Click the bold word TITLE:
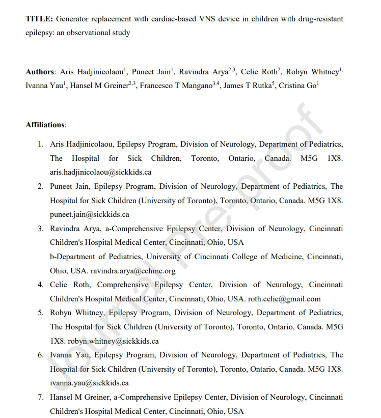tap(39, 19)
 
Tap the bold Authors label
tap(40, 72)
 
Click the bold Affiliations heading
tap(46, 125)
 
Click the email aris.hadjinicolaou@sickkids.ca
tap(100, 172)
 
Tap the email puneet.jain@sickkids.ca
tap(89, 214)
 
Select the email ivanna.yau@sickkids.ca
tap(89, 383)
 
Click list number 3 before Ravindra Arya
tap(40, 229)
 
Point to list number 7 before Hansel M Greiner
tap(40, 397)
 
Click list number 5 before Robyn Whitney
tap(40, 313)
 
